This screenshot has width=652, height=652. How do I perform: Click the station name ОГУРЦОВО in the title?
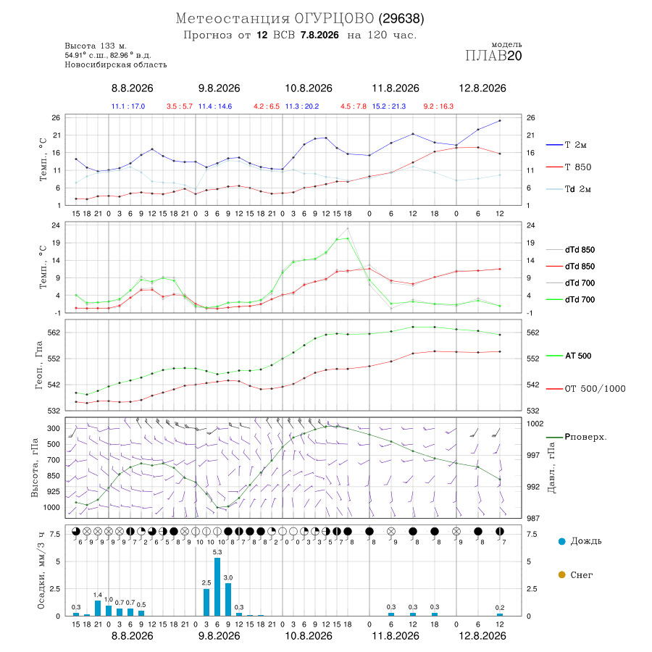pos(334,18)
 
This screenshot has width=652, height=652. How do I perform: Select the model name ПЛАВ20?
pos(493,56)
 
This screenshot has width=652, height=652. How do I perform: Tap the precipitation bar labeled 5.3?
pos(217,587)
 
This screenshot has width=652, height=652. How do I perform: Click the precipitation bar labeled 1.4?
pos(98,608)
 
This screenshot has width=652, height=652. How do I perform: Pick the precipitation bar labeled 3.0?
pos(228,599)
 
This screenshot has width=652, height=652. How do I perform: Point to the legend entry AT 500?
pos(569,356)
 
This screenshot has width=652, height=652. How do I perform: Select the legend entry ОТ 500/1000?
pos(585,389)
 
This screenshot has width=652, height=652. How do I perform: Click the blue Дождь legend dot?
pos(561,541)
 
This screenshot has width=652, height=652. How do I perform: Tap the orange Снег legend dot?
pos(561,574)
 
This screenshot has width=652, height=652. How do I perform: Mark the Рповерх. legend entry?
pos(577,437)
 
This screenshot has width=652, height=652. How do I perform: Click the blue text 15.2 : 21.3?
pos(389,106)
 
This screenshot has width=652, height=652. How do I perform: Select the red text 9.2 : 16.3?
pos(438,106)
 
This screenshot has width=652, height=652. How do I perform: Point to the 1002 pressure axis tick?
pos(535,424)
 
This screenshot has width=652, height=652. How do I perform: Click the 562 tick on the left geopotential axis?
pos(54,333)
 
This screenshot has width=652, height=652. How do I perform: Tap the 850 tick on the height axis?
pos(53,476)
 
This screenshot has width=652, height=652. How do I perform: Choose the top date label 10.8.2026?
pos(309,88)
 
